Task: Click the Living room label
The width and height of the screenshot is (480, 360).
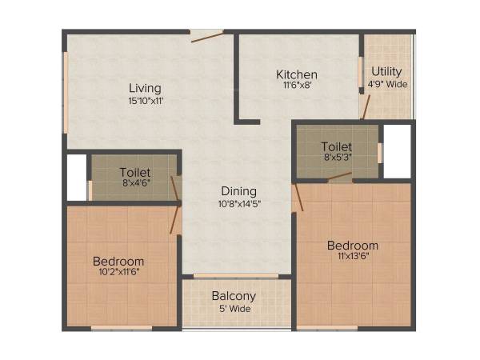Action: [145, 88]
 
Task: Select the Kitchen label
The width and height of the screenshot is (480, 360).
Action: [297, 74]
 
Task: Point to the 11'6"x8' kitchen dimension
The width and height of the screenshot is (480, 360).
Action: [297, 85]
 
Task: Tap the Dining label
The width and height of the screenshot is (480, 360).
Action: [239, 191]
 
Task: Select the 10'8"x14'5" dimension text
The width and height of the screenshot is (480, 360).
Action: [239, 203]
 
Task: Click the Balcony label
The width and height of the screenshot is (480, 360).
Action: [234, 296]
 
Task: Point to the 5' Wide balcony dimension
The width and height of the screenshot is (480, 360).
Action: [234, 308]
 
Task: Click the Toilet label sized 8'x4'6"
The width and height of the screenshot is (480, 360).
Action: [134, 172]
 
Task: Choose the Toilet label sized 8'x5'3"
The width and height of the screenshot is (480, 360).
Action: [336, 146]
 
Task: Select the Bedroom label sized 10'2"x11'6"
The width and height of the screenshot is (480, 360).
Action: [118, 262]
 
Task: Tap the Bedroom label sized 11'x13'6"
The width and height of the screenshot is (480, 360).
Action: [352, 245]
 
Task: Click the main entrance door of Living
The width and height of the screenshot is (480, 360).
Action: [206, 36]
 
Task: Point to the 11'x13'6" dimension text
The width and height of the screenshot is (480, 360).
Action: [352, 256]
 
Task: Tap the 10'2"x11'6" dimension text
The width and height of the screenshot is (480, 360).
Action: [118, 273]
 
